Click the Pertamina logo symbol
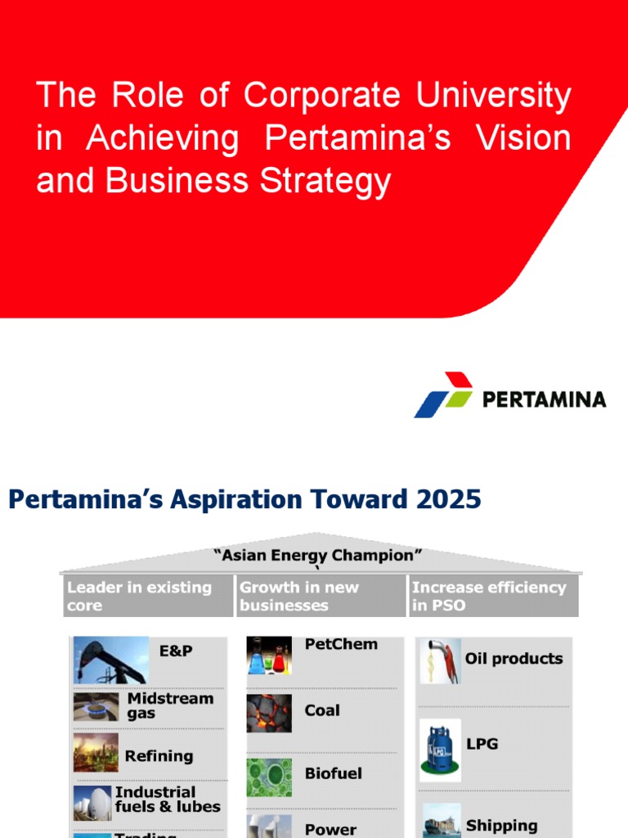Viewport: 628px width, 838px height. (x=444, y=394)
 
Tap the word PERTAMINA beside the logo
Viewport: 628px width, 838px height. (x=544, y=399)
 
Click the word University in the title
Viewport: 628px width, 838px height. (x=493, y=96)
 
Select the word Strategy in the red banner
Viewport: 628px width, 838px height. (x=326, y=181)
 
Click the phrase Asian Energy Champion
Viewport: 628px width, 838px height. (x=318, y=556)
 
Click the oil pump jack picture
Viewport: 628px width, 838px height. (x=111, y=660)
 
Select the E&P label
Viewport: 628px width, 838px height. (x=176, y=651)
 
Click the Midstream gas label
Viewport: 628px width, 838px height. (x=170, y=706)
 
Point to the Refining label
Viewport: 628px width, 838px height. (x=159, y=756)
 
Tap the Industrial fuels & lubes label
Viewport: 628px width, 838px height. (x=168, y=800)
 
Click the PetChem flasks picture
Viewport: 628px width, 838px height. (x=269, y=656)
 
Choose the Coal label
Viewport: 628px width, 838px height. (x=322, y=710)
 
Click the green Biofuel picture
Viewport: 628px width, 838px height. (x=269, y=777)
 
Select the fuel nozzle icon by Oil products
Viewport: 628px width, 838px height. (x=439, y=660)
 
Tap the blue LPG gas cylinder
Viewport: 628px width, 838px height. (x=440, y=750)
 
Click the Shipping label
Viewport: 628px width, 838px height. (x=501, y=826)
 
